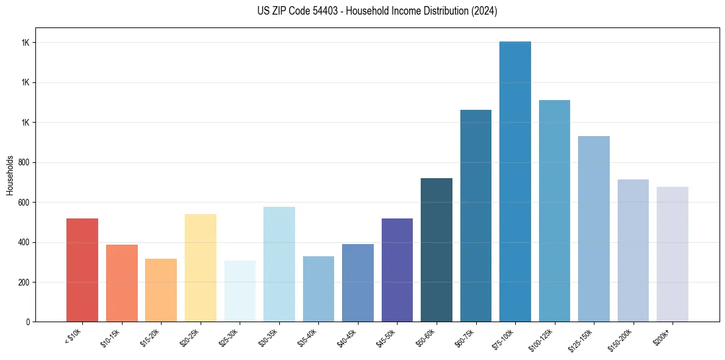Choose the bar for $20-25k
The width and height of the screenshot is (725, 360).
tap(201, 268)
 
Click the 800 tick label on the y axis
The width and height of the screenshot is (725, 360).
tap(24, 162)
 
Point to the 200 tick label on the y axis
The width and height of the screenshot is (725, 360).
tap(24, 282)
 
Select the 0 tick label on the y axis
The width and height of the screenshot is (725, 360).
tap(28, 322)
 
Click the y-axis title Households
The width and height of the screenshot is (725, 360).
tap(10, 175)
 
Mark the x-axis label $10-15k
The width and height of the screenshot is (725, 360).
tap(110, 338)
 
